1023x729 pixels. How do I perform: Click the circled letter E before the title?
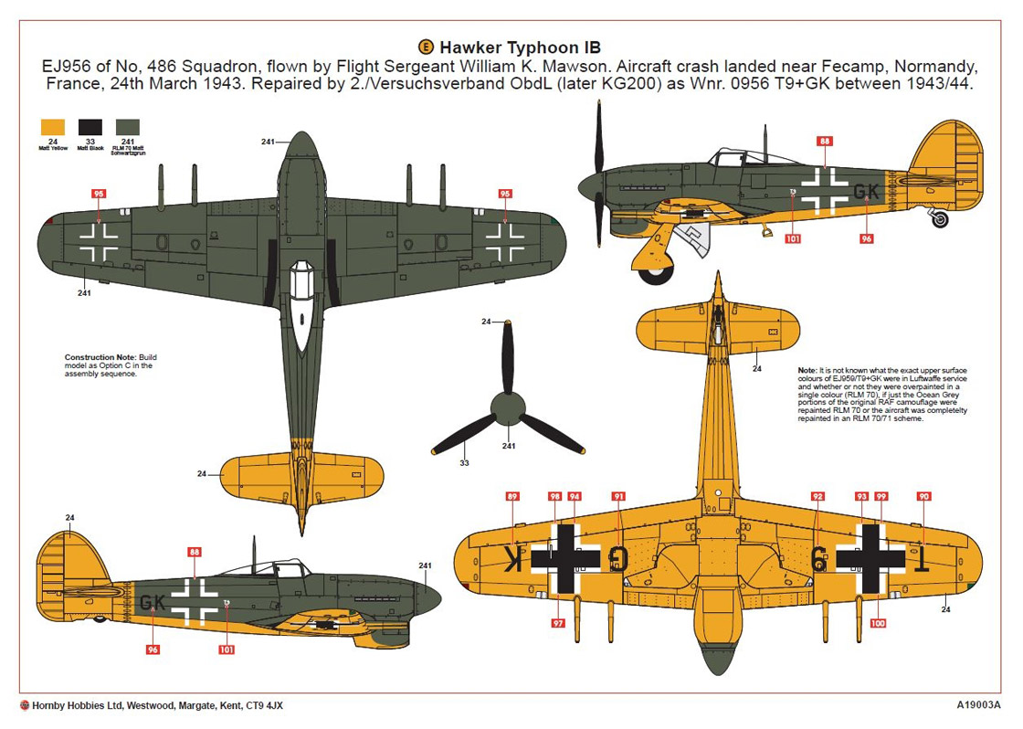(425, 47)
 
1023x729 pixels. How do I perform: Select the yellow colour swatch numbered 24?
(53, 128)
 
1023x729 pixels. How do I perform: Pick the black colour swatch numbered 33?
(90, 128)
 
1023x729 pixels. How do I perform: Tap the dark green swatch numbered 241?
(127, 128)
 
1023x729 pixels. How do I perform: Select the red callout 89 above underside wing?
(512, 496)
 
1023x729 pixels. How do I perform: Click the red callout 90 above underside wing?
(923, 496)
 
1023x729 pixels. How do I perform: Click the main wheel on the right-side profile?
(655, 259)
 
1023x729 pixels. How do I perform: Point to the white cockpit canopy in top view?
(301, 297)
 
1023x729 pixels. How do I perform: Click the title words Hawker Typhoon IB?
(520, 47)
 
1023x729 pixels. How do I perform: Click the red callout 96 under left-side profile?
(153, 650)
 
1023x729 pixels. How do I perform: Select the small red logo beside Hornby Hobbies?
(24, 705)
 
